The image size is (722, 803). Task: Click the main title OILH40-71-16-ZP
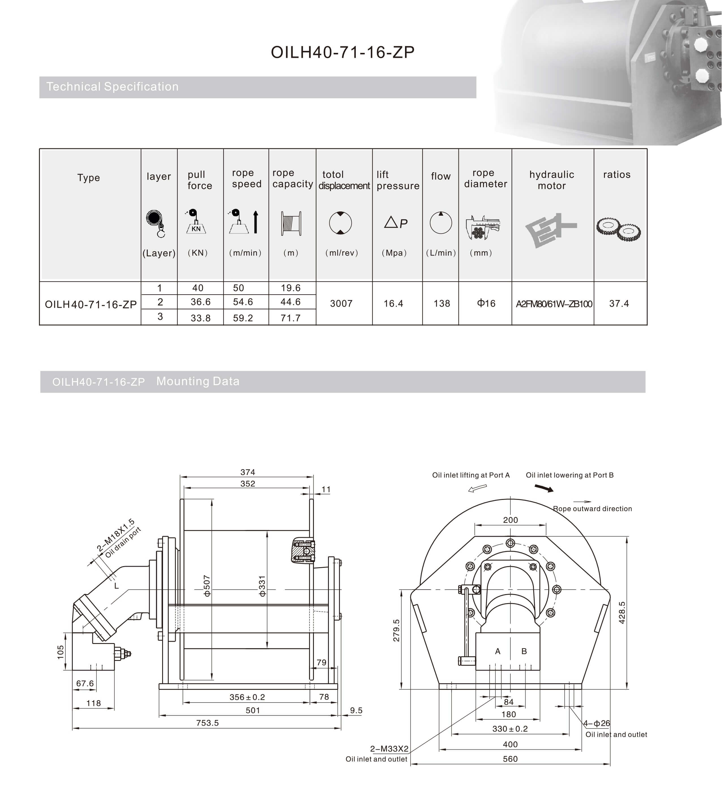[342, 52]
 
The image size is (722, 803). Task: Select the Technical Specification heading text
[112, 87]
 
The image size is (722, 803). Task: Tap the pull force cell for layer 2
[200, 302]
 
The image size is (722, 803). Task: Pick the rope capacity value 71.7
[290, 318]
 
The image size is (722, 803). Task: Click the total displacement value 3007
[341, 303]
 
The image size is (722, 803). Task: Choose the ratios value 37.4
[619, 303]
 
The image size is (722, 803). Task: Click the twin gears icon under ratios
[618, 229]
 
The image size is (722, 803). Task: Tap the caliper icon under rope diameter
[483, 228]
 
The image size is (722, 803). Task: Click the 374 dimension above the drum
[248, 472]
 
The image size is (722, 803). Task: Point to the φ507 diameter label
[207, 586]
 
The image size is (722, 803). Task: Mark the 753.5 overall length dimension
[207, 723]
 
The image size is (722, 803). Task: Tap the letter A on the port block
[498, 651]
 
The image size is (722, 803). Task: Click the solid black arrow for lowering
[544, 488]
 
